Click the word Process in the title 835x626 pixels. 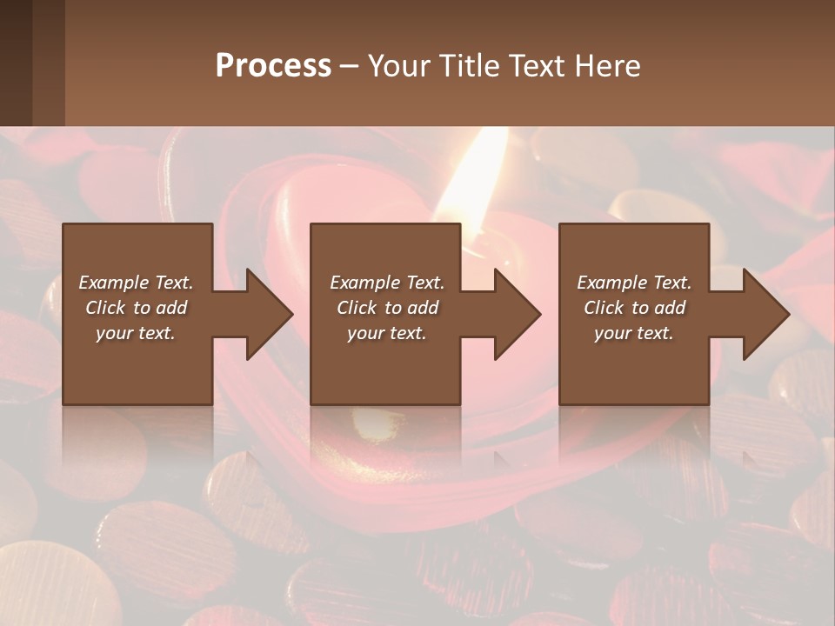[x=273, y=66]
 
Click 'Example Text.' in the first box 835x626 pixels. [x=136, y=283]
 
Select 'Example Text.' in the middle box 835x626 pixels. [x=386, y=283]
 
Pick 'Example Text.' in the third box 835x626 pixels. [x=634, y=283]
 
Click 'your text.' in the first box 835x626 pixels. [x=136, y=333]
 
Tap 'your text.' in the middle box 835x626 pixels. [x=386, y=333]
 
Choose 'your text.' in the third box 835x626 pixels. [x=634, y=333]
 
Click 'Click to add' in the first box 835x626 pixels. [x=136, y=308]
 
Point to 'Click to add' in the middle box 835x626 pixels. [x=386, y=308]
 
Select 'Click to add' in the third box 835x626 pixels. [x=634, y=308]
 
